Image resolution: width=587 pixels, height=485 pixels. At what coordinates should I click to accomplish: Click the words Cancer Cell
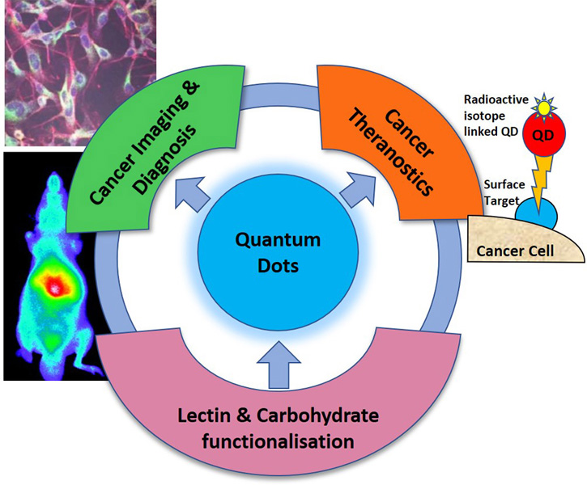[x=515, y=251]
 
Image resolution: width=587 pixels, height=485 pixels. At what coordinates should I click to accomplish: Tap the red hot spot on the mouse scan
[x=54, y=285]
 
